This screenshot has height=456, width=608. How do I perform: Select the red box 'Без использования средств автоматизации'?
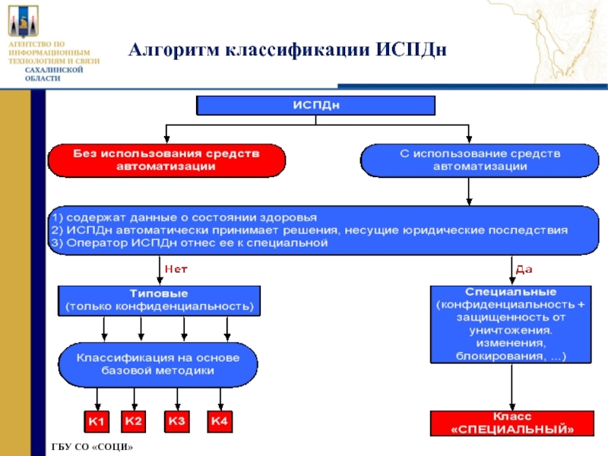click(166, 160)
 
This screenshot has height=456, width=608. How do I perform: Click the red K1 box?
click(97, 420)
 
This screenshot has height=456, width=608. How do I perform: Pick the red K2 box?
click(135, 420)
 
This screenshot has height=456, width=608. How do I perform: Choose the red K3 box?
click(177, 420)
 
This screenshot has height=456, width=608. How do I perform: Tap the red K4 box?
click(220, 420)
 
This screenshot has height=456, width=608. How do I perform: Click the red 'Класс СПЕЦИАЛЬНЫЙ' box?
click(512, 423)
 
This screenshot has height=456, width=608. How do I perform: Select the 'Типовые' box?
click(159, 299)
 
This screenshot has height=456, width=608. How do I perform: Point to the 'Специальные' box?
click(511, 323)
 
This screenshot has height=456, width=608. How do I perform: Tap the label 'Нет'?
click(176, 269)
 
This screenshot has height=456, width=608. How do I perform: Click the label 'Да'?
click(524, 269)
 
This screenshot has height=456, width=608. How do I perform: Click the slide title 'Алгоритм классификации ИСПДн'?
click(287, 50)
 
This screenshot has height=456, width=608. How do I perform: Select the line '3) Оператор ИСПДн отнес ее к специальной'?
click(190, 243)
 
